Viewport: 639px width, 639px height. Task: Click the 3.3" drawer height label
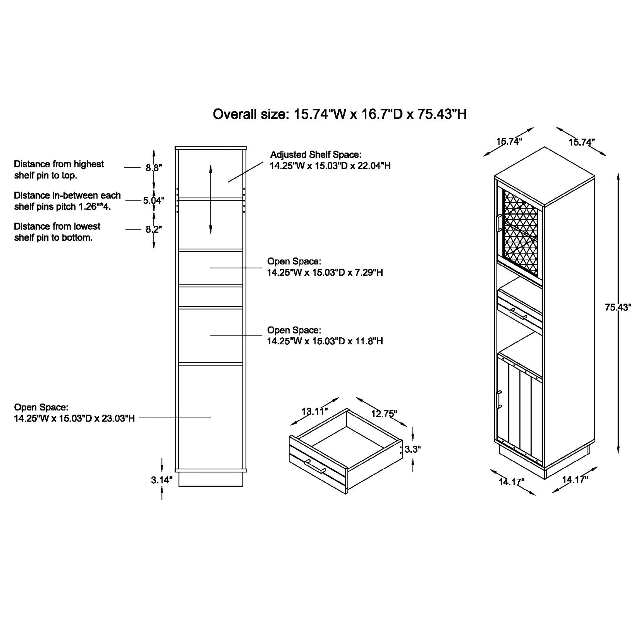pyautogui.click(x=412, y=449)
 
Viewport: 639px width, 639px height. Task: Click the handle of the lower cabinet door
pyautogui.click(x=499, y=400)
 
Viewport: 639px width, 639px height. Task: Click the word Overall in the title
pyautogui.click(x=235, y=114)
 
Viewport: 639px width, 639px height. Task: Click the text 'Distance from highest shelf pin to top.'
pyautogui.click(x=59, y=170)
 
